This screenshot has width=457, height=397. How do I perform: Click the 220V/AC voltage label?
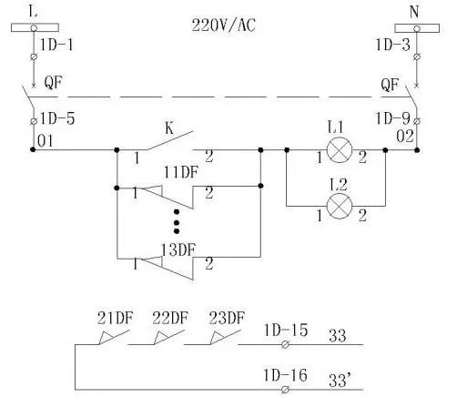point(224,25)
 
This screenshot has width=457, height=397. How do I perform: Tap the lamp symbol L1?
point(340,149)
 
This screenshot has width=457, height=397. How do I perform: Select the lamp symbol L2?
point(340,206)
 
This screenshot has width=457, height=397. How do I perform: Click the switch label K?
point(169,128)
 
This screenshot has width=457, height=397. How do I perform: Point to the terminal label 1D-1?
point(56,46)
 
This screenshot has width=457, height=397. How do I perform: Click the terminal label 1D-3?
point(392,45)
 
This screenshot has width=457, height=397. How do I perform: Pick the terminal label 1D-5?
point(57,118)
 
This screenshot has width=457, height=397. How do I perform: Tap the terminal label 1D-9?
point(392,118)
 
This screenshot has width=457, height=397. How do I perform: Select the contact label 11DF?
point(181,172)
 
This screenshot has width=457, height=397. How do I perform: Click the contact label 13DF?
point(178,250)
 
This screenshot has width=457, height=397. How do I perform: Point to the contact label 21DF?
point(115,319)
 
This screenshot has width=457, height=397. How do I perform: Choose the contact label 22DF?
point(170,319)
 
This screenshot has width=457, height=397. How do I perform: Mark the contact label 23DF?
point(227,319)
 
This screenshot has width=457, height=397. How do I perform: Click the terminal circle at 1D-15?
point(285,345)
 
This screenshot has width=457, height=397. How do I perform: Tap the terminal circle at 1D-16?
point(285,390)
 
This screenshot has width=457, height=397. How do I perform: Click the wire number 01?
point(46,141)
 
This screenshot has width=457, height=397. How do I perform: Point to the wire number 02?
point(405,137)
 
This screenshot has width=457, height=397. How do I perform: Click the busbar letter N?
point(414,12)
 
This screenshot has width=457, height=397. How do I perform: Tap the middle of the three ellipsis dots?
point(177,223)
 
